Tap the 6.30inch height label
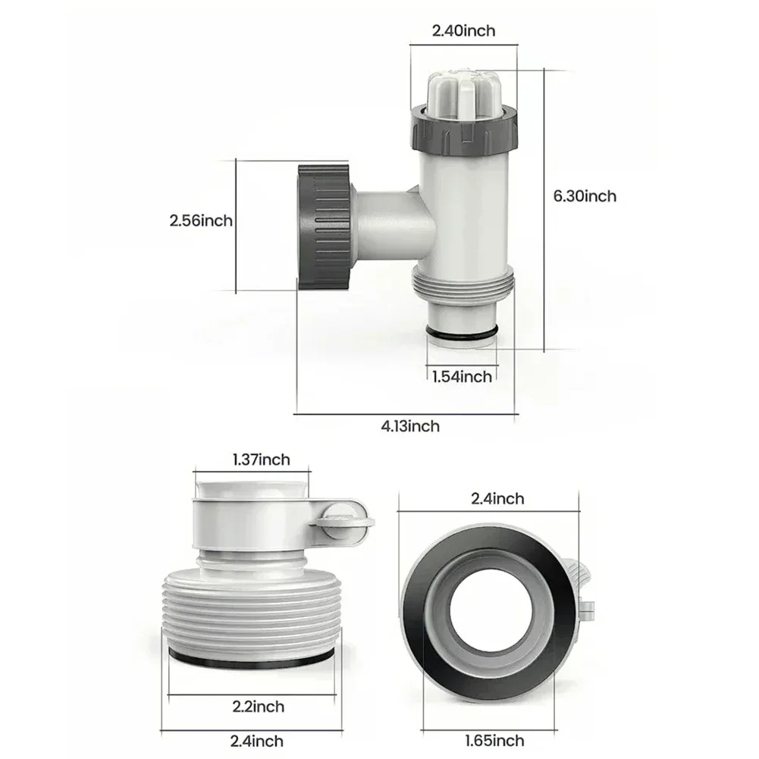(x=585, y=196)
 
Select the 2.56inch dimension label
(x=201, y=221)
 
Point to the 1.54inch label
(x=462, y=376)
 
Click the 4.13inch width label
(x=409, y=426)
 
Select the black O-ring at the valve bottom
(x=462, y=336)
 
